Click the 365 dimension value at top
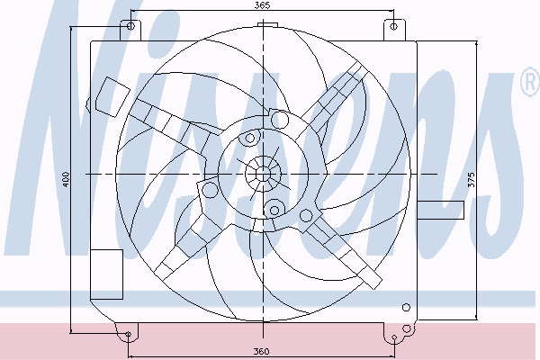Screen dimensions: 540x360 pos(263,5)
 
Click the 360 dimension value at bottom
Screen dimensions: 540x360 pos(261,352)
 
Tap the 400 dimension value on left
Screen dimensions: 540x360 pos(66,179)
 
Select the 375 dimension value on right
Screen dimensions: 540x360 pos(472,179)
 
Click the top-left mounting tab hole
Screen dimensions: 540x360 pos(130,26)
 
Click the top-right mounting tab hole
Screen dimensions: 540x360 pos(394,26)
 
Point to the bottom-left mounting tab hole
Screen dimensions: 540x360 pos(128,334)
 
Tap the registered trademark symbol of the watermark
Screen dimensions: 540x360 pos(530,82)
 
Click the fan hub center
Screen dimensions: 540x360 pos(263,174)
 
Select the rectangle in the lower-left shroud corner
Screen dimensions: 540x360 pos(106,274)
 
